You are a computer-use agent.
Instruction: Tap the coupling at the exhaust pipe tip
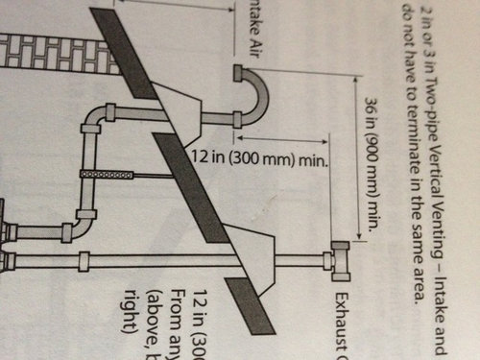pyautogui.click(x=335, y=261)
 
